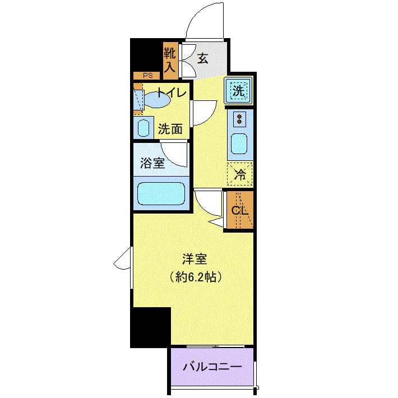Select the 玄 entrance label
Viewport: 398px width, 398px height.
(202, 58)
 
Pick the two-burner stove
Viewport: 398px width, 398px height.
(240, 119)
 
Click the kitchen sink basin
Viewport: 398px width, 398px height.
(240, 145)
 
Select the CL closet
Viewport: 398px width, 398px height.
(240, 211)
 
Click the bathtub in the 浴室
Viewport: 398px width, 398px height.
(161, 194)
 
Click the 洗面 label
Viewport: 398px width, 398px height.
(170, 128)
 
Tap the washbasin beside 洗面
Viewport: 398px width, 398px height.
(143, 128)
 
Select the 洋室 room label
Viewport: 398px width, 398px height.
(195, 260)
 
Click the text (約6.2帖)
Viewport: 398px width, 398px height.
(195, 276)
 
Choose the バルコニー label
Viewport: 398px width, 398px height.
(212, 368)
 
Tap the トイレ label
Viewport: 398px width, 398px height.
(171, 93)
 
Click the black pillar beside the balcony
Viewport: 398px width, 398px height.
(150, 327)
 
